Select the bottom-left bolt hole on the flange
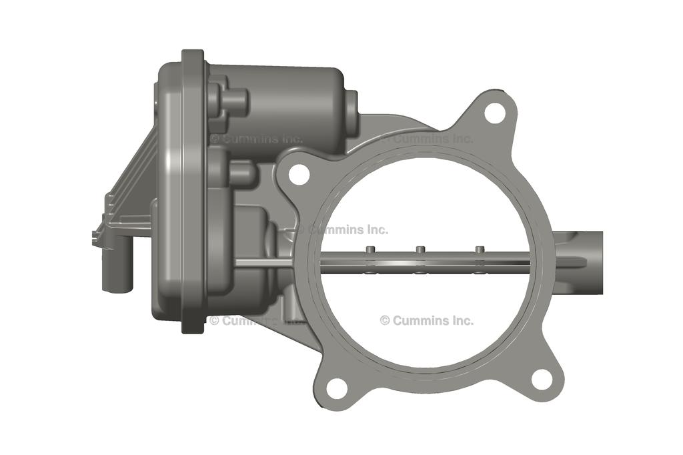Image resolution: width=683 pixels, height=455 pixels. pyautogui.click(x=337, y=388)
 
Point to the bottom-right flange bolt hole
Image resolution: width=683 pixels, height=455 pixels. pyautogui.click(x=542, y=378)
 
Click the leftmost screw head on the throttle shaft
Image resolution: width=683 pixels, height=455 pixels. pyautogui.click(x=368, y=250)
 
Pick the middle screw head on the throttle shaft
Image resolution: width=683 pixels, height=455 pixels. pyautogui.click(x=420, y=250)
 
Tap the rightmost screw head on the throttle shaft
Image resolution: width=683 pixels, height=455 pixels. pyautogui.click(x=479, y=250)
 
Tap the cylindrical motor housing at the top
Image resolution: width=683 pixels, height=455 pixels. pyautogui.click(x=280, y=100)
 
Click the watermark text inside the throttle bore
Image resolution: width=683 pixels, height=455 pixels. pyautogui.click(x=427, y=321)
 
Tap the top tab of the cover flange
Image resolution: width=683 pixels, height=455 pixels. pyautogui.click(x=193, y=56)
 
